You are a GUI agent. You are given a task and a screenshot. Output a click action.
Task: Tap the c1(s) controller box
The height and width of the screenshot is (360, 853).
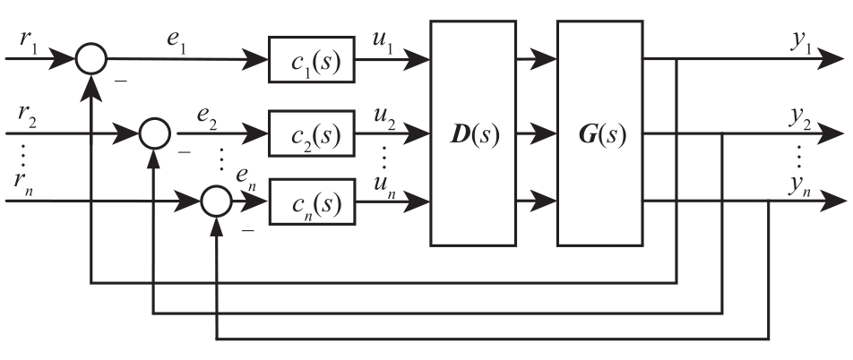[312, 62]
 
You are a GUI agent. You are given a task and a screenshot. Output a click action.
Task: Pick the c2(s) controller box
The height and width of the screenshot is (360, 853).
[312, 134]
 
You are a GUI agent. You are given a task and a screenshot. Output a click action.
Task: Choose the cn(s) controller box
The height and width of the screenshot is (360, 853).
[312, 202]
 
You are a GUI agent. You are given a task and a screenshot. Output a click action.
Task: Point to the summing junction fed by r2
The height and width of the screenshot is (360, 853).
[155, 134]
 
